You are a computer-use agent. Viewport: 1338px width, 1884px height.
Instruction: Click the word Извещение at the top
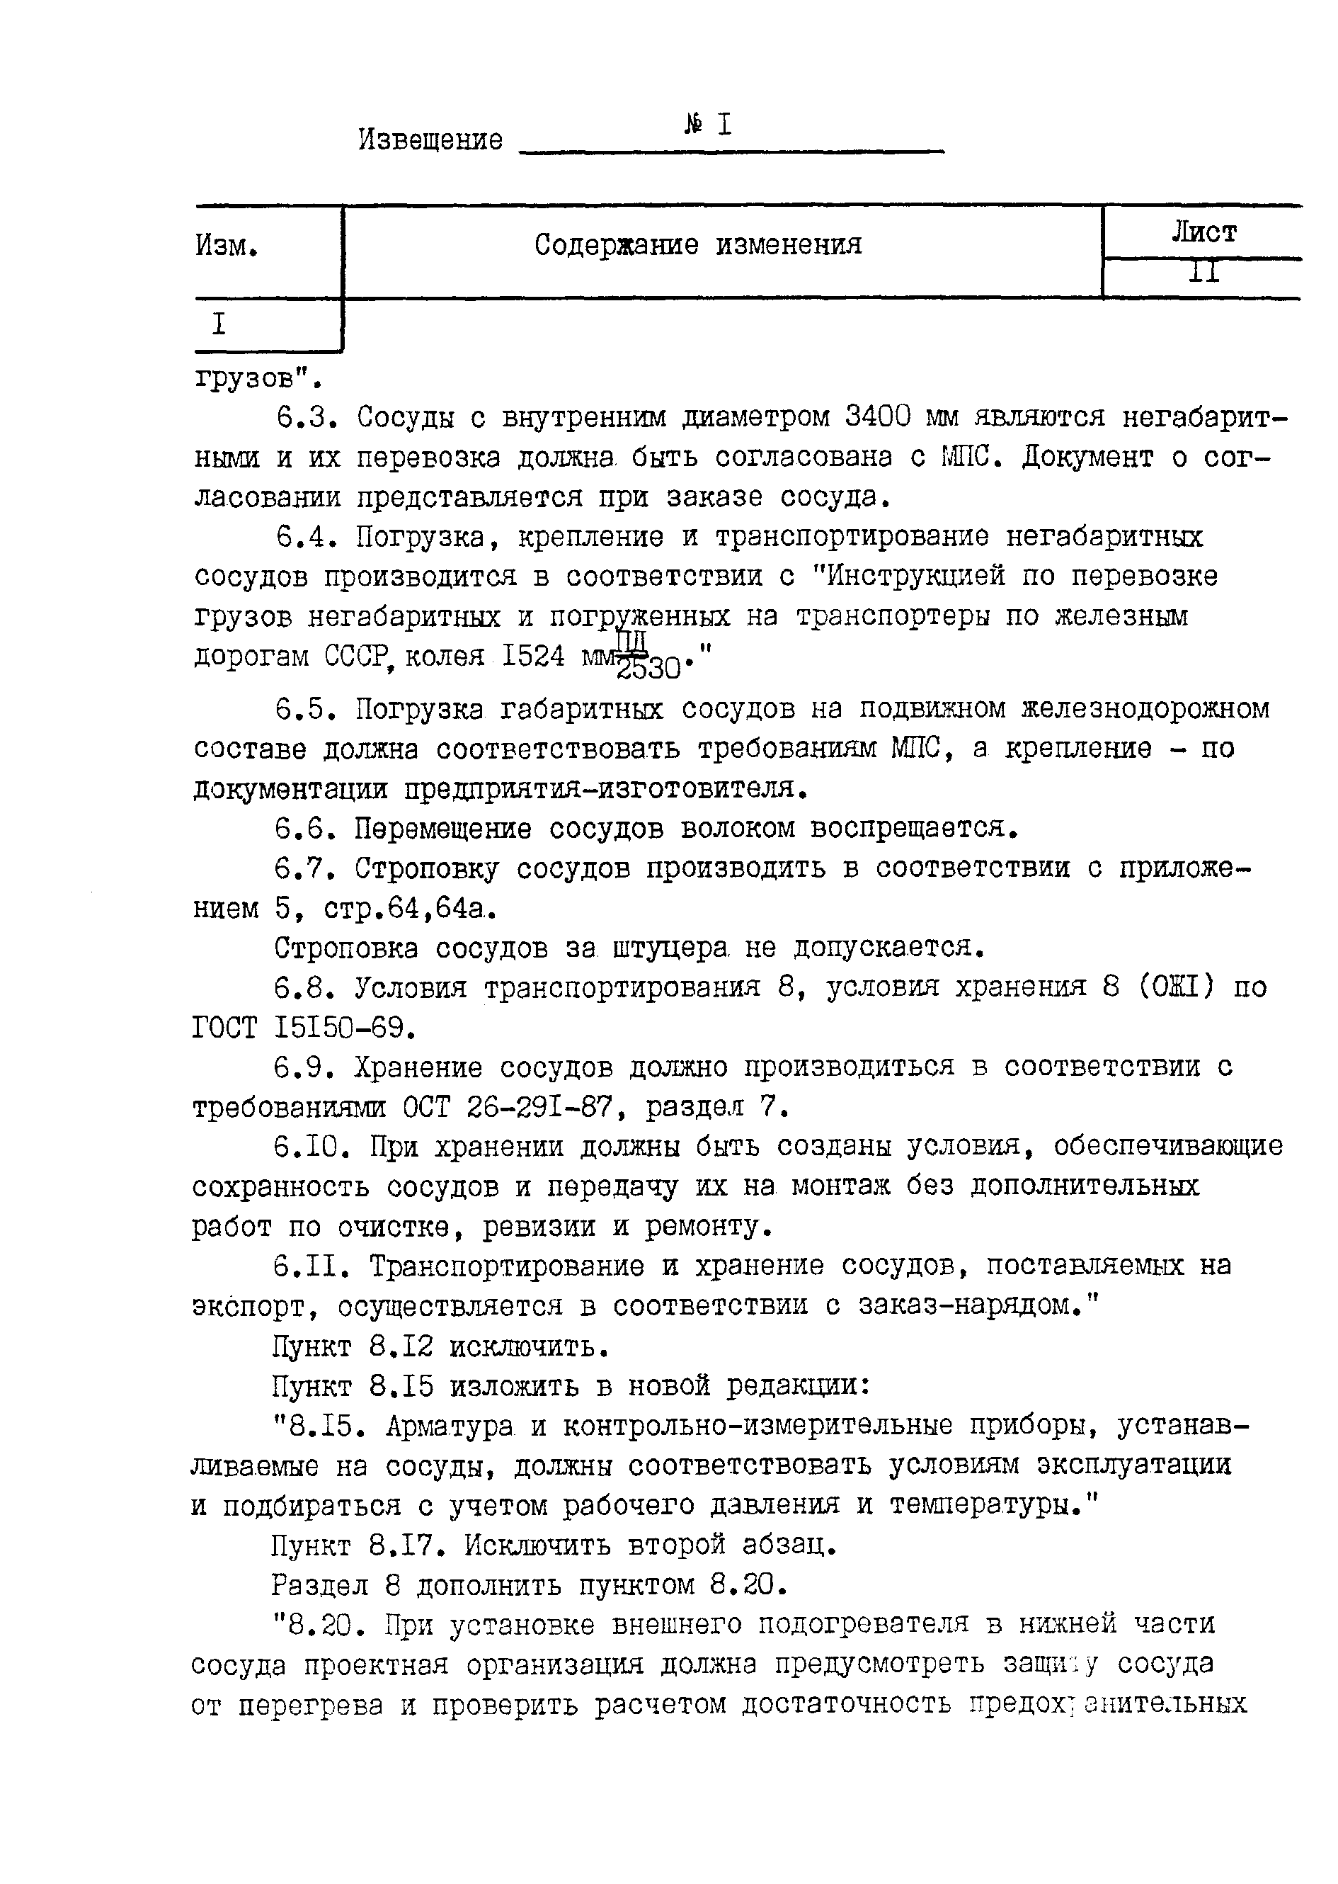[430, 140]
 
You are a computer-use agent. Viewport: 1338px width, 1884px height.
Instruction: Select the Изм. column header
[227, 246]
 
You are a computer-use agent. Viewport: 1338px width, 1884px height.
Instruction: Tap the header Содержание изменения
[698, 245]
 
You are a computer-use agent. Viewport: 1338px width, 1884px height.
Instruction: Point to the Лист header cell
[1203, 233]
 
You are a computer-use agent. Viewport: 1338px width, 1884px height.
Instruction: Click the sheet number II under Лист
[1203, 273]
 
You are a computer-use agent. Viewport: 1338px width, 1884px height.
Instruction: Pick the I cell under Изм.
[218, 324]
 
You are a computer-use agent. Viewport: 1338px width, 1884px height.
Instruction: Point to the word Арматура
[449, 1426]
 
